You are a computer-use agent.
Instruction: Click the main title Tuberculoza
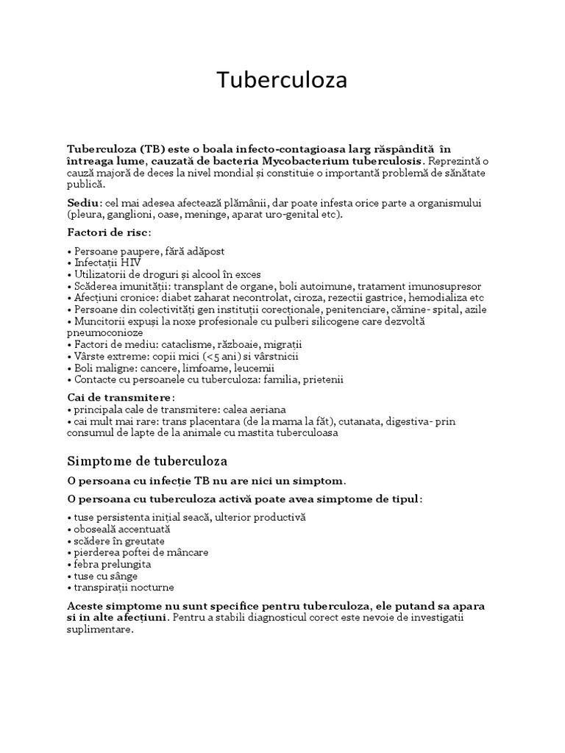click(x=282, y=81)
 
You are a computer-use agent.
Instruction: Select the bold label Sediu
click(x=84, y=203)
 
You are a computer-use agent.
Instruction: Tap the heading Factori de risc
click(x=108, y=232)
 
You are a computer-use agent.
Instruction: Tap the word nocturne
click(x=152, y=588)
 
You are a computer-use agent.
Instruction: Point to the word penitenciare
click(x=355, y=310)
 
